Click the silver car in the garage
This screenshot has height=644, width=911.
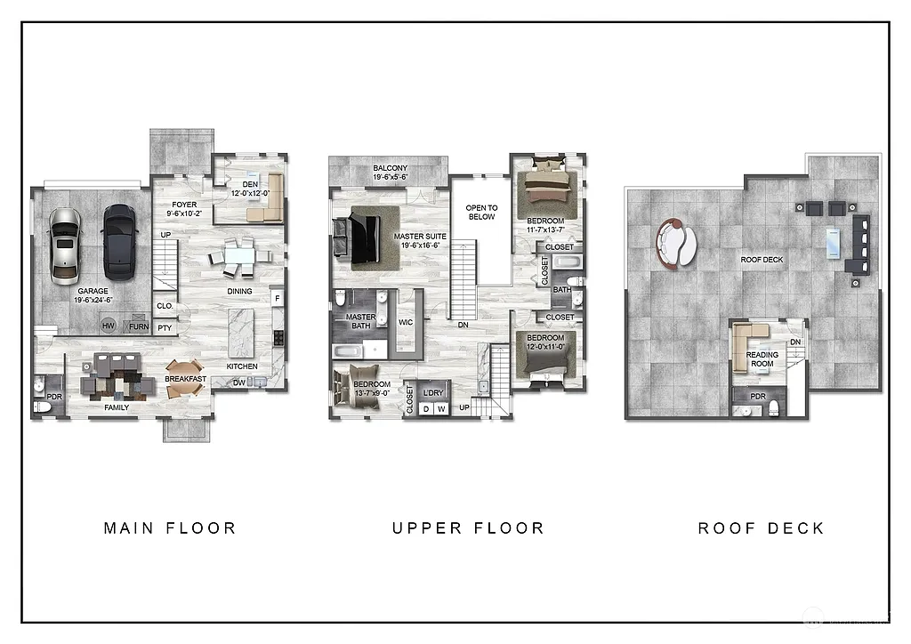tap(65, 246)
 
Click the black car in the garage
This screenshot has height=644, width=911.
tap(117, 242)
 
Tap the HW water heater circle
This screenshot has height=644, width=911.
tap(109, 326)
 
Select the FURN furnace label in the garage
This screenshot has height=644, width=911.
tap(139, 326)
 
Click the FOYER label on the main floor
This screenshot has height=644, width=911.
tap(184, 205)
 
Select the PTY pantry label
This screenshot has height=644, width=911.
tap(165, 327)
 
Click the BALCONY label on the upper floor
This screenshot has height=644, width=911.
tap(390, 168)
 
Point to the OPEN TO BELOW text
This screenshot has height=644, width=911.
tap(481, 212)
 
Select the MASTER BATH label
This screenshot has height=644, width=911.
tap(360, 321)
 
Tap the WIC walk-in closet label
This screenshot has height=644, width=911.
tap(406, 322)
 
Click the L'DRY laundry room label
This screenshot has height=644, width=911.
tap(433, 392)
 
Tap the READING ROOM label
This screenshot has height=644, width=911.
tap(762, 359)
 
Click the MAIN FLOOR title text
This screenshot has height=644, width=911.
tap(170, 528)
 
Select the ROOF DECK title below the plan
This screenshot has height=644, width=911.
tap(761, 528)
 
